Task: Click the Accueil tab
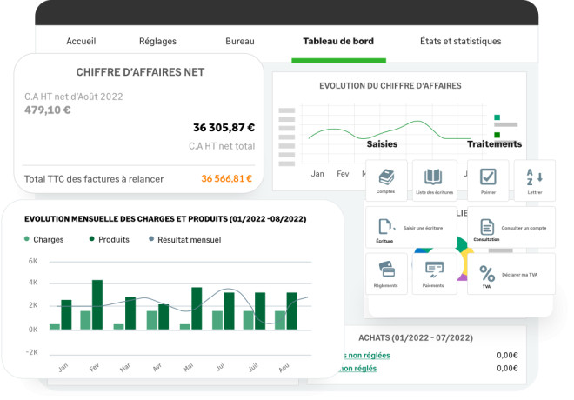pos(81,41)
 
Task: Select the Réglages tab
pos(157,41)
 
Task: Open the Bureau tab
pos(240,41)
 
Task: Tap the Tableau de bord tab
pos(337,41)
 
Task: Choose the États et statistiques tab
pos(460,41)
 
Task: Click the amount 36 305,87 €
pos(224,127)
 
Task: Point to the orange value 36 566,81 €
pos(226,179)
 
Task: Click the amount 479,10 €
pos(48,110)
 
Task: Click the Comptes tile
pos(386,181)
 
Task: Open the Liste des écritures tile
pos(434,181)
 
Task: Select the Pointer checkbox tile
pos(488,181)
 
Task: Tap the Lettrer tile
pos(534,181)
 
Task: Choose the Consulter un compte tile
pos(511,228)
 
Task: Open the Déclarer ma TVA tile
pos(511,274)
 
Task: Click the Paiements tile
pos(434,274)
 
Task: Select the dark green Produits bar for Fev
pos(97,304)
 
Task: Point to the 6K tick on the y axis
pos(32,261)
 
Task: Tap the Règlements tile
pos(386,274)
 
